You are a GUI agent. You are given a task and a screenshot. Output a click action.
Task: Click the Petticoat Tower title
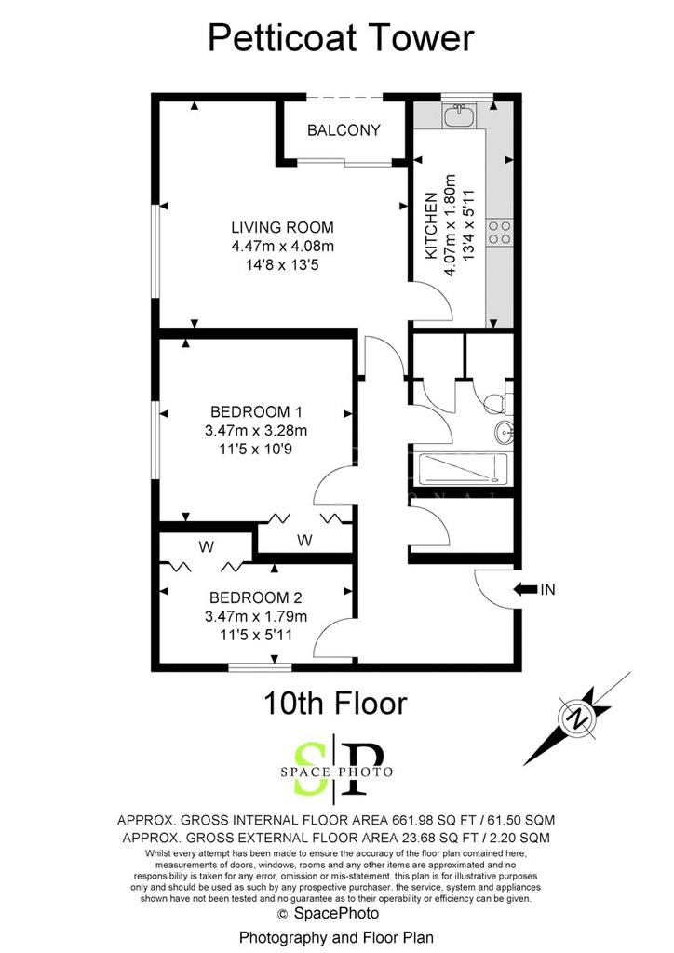(341, 37)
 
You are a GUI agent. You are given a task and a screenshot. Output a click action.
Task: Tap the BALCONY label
(344, 130)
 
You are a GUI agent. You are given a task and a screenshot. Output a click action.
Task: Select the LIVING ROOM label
(283, 227)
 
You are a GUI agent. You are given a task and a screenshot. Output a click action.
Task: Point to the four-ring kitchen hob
(500, 232)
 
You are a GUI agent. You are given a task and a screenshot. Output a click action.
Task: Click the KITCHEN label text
(431, 225)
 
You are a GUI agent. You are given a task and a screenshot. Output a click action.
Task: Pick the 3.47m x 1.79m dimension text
(256, 616)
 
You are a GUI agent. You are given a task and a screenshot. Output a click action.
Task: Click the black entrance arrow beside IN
(525, 589)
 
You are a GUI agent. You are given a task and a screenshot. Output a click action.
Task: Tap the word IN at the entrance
(547, 589)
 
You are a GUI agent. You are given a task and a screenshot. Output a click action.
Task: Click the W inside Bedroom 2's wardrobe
(206, 547)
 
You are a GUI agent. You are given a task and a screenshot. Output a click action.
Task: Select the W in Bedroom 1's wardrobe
(305, 540)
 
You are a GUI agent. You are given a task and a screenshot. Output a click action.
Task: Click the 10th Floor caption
(335, 704)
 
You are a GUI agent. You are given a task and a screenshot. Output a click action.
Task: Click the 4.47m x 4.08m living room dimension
(283, 246)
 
